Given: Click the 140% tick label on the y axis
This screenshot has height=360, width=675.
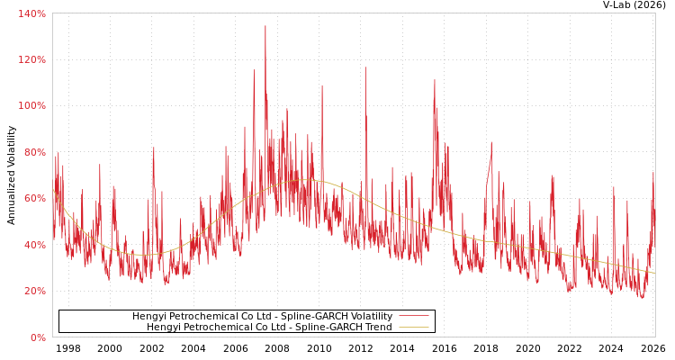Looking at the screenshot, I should tap(31, 13).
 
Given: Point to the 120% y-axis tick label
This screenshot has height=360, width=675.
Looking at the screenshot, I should tap(31, 59).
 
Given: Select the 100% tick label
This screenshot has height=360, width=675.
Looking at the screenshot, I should tap(31, 106).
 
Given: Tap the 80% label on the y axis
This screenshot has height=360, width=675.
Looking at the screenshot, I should tap(34, 152).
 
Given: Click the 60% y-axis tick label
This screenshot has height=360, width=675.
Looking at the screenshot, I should tap(34, 198).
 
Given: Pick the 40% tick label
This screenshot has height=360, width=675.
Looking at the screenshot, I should tap(34, 245).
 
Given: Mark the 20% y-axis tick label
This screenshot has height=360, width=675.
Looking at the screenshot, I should tap(34, 291).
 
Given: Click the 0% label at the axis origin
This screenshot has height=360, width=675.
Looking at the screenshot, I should tap(37, 337).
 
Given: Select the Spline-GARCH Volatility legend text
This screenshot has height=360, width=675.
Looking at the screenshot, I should tap(262, 316).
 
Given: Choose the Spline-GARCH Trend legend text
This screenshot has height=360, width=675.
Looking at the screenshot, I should tap(269, 328).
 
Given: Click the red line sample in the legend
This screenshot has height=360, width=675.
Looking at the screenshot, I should tap(413, 316).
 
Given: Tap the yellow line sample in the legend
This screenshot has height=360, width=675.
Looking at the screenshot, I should tap(413, 328).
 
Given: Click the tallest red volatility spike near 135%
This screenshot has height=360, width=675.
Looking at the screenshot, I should tap(265, 26).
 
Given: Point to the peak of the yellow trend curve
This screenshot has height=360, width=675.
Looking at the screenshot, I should tap(301, 180).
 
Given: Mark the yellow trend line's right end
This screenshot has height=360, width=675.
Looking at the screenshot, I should tap(654, 273).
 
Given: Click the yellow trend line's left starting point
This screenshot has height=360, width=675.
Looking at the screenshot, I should tap(53, 189).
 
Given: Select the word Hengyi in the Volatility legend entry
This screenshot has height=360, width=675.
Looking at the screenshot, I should tap(148, 316).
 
